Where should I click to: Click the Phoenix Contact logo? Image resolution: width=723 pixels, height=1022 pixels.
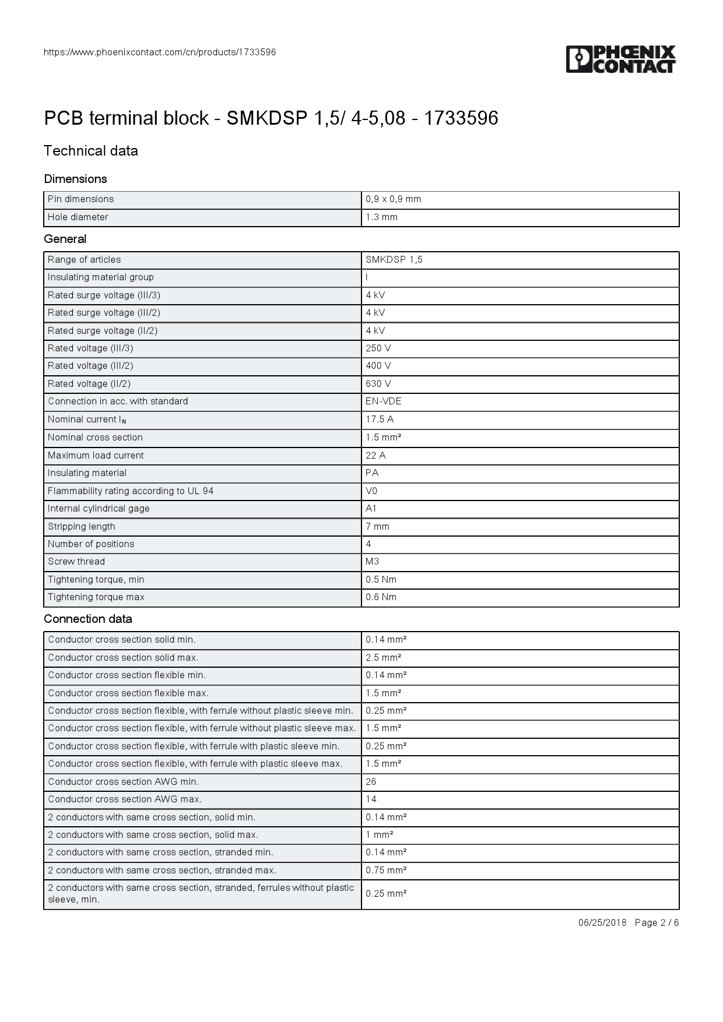[620, 59]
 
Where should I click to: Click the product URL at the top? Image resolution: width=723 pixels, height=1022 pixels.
[160, 52]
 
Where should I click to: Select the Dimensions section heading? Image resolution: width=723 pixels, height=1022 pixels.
[75, 179]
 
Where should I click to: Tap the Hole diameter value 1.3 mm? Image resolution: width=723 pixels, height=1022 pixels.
[381, 217]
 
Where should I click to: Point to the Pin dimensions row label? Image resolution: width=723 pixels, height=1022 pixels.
[80, 199]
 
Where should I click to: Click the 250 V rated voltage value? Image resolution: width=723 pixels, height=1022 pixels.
[378, 348]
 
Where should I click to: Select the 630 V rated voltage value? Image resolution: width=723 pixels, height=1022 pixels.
[378, 384]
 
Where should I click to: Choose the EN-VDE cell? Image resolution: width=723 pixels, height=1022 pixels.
[383, 401]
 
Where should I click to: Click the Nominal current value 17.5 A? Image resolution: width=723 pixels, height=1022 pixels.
[380, 420]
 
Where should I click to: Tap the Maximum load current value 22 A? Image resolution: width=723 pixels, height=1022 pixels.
[375, 456]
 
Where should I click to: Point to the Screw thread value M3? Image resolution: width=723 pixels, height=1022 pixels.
[372, 562]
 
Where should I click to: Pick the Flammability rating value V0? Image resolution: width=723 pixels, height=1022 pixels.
[371, 491]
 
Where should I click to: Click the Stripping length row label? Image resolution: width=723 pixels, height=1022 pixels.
[82, 527]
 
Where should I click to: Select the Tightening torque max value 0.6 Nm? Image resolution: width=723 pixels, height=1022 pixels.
[381, 597]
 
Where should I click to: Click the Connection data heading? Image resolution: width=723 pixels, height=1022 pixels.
[88, 619]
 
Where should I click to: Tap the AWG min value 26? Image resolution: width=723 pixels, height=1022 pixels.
[371, 782]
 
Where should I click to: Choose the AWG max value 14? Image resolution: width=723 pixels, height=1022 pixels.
[371, 799]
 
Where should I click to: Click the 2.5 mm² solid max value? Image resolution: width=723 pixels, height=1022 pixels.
[383, 658]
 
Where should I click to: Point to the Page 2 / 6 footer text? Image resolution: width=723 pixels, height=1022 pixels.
[657, 923]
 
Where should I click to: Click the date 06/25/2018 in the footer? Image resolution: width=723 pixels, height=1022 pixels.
[602, 923]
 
